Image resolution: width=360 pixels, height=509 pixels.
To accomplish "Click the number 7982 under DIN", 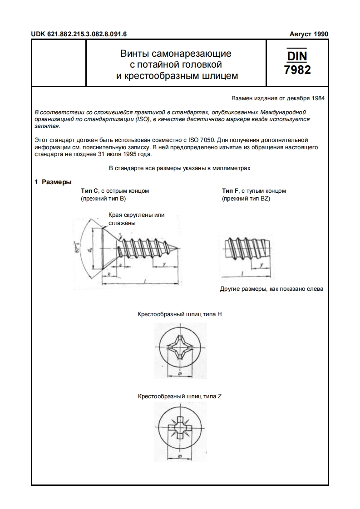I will click(x=297, y=70).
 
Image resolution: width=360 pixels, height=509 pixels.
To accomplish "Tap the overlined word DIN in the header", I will click(x=297, y=56).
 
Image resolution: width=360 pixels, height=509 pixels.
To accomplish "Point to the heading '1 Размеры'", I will click(x=53, y=182).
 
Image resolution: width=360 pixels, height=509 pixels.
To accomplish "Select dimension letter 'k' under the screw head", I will click(x=109, y=275).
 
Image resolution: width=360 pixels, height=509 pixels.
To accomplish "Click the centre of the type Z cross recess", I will click(x=180, y=427).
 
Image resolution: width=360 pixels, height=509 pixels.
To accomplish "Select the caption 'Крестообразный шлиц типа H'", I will click(x=179, y=314).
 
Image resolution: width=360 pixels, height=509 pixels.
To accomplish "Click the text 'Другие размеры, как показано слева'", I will click(x=271, y=289).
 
